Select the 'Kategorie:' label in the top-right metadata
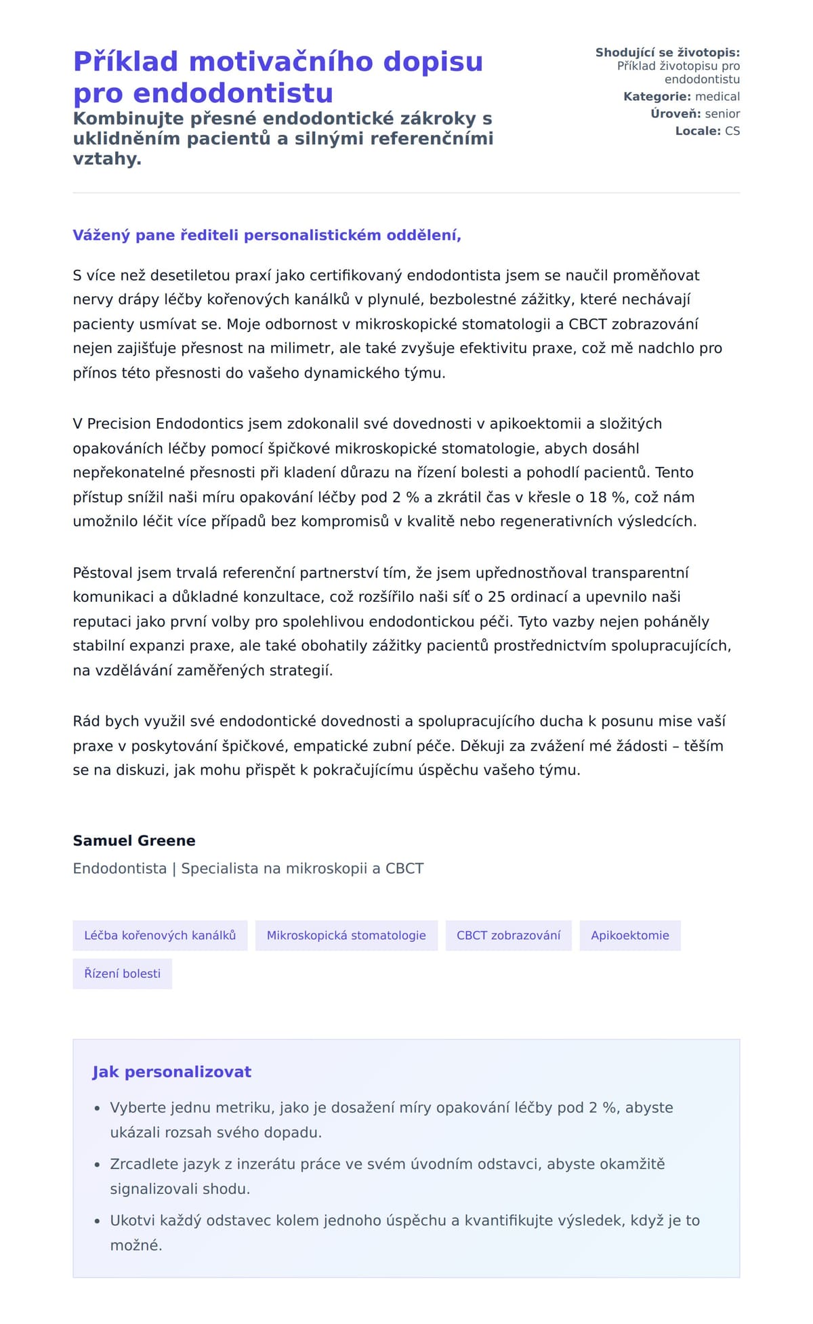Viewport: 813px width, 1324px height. click(656, 97)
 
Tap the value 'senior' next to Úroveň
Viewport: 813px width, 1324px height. click(722, 114)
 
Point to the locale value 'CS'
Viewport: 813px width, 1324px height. click(732, 131)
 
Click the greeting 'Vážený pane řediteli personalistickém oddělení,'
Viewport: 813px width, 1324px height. click(267, 235)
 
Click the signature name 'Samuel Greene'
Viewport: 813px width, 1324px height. click(134, 841)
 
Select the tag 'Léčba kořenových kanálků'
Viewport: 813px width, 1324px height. click(160, 936)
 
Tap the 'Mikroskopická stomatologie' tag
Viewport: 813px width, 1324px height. click(346, 936)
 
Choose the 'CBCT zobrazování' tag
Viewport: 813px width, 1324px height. click(508, 936)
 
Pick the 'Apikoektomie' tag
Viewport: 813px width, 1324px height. click(630, 936)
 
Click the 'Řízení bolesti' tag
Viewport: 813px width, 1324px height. click(123, 974)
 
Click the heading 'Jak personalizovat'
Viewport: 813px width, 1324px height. click(171, 1072)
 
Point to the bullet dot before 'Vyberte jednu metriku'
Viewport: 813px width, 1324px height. click(97, 1109)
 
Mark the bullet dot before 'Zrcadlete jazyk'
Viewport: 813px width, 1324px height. click(97, 1165)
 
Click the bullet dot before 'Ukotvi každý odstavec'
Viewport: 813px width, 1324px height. click(97, 1222)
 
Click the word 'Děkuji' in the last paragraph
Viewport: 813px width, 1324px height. click(481, 746)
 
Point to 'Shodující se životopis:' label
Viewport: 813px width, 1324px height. click(667, 53)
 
